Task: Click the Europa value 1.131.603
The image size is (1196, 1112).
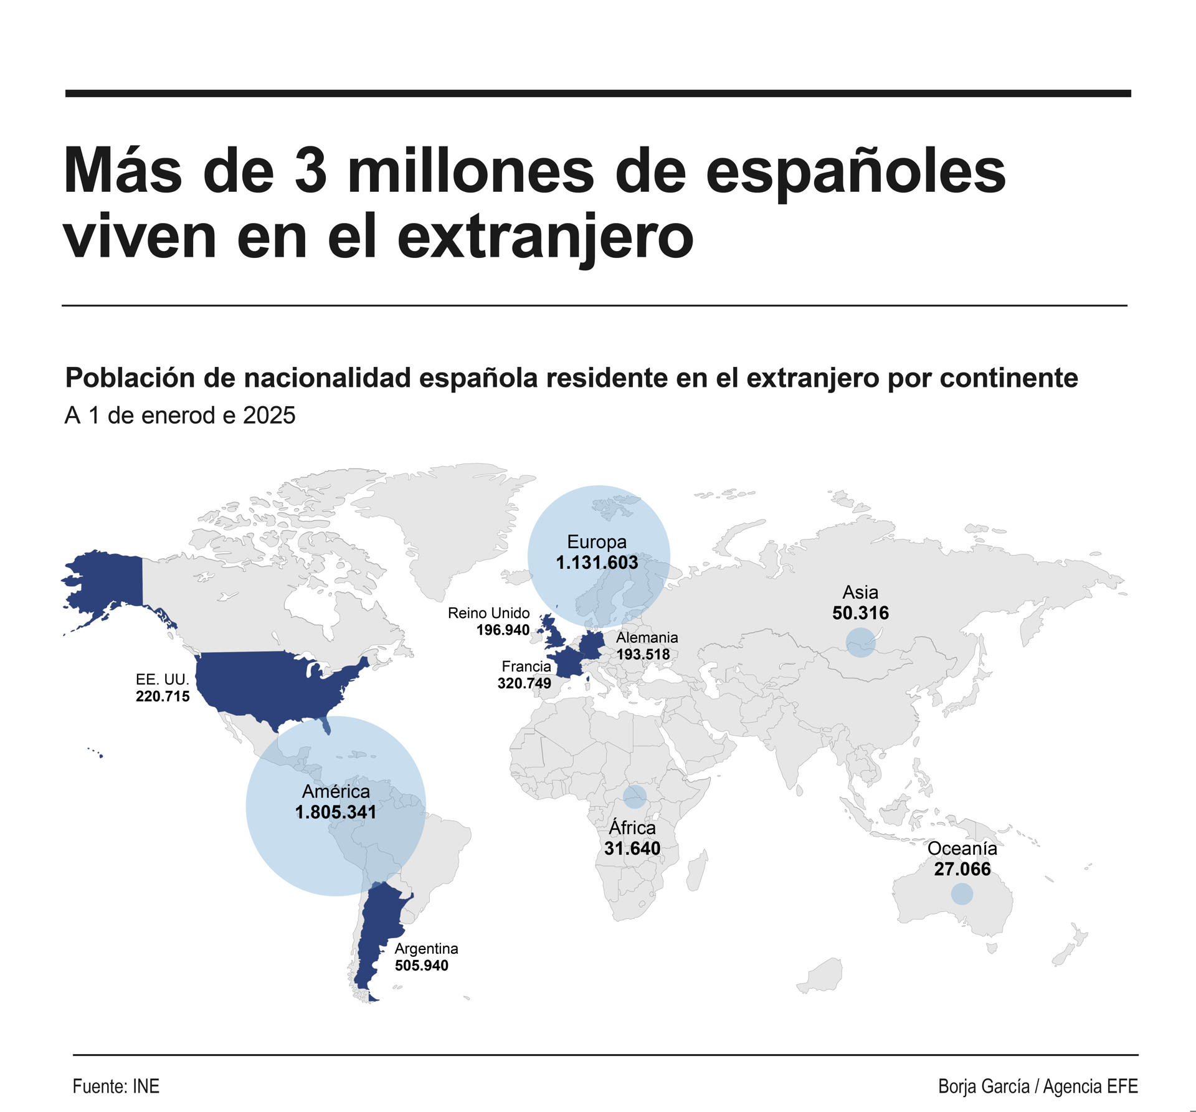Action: click(597, 563)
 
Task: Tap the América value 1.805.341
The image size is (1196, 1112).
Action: click(336, 812)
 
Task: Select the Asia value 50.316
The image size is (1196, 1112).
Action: click(860, 613)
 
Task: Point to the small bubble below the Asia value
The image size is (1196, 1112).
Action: click(861, 642)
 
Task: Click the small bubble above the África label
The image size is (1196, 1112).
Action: click(635, 796)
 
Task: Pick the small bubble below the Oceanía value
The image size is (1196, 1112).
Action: click(962, 894)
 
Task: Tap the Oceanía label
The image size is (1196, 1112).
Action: click(962, 848)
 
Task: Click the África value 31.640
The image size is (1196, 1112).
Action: click(632, 848)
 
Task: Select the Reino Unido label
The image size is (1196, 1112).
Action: click(488, 613)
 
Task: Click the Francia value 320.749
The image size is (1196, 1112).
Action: click(524, 683)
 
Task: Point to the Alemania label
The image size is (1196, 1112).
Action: click(647, 637)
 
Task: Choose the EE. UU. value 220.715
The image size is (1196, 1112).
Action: click(163, 696)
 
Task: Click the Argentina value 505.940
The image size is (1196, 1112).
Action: click(421, 966)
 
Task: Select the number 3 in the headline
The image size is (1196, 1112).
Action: click(310, 171)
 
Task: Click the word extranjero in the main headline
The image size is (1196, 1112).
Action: click(545, 237)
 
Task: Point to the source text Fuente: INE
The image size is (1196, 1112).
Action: click(116, 1086)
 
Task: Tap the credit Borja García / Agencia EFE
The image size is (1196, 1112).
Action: click(1038, 1086)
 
